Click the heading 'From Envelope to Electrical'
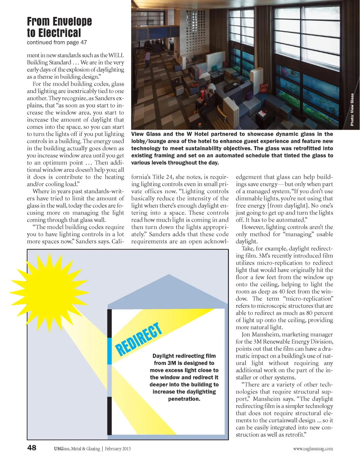59,27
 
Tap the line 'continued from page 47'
57,43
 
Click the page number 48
32,447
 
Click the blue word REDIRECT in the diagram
139,339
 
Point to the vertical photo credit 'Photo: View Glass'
352,110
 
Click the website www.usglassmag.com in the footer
313,449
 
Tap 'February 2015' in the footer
118,449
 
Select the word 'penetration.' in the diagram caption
184,399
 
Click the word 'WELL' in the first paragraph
116,55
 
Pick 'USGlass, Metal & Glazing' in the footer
77,449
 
